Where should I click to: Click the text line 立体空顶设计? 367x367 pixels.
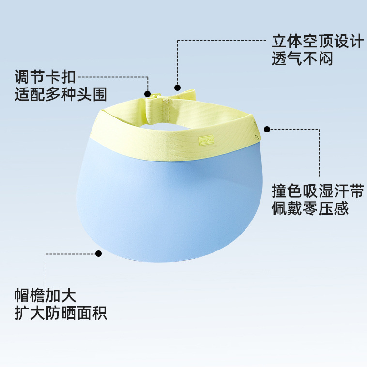tap(317, 42)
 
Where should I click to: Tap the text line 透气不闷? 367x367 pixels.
tap(302, 59)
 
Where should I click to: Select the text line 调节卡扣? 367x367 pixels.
tap(45, 76)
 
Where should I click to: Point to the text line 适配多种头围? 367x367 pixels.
tap(61, 94)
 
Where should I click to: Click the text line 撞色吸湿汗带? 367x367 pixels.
tap(317, 191)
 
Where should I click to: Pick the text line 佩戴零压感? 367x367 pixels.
tap(310, 209)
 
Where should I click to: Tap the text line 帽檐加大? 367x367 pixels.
tap(45, 295)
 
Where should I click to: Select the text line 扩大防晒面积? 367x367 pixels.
tap(61, 313)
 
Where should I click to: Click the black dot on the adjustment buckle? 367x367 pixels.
tap(148, 93)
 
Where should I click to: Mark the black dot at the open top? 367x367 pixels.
tap(178, 88)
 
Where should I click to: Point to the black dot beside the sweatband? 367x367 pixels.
tap(267, 129)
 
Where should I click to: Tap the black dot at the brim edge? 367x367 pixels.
tap(99, 253)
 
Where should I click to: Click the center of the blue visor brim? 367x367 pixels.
tap(169, 203)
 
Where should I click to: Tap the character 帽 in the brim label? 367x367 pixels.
tap(22, 295)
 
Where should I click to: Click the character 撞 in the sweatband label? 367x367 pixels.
tap(279, 191)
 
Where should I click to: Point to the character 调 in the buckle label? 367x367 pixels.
tap(22, 76)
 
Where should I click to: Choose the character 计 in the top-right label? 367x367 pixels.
tap(355, 42)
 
